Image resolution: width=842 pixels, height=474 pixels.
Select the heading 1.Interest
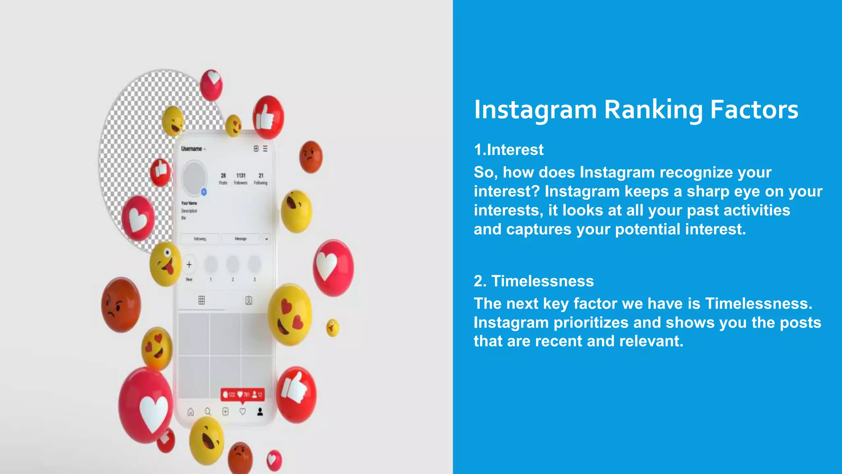pyautogui.click(x=509, y=150)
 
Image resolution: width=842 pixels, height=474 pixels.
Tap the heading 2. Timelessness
pyautogui.click(x=534, y=281)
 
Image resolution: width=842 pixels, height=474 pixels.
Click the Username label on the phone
pyautogui.click(x=192, y=149)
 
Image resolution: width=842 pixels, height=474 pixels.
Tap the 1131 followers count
pyautogui.click(x=241, y=176)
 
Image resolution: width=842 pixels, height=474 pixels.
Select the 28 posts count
pyautogui.click(x=223, y=176)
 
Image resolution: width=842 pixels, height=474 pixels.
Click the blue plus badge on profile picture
pyautogui.click(x=204, y=192)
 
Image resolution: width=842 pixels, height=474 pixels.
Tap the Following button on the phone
pyautogui.click(x=200, y=239)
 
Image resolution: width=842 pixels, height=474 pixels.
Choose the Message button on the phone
pyautogui.click(x=241, y=239)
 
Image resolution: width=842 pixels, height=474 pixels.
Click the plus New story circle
pyautogui.click(x=189, y=265)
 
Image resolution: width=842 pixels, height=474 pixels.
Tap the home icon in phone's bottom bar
pyautogui.click(x=190, y=412)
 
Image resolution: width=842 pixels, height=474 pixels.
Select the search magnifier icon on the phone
pyautogui.click(x=208, y=412)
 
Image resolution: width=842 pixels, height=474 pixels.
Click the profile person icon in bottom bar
pyautogui.click(x=260, y=412)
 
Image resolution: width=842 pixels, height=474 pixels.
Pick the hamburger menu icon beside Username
pyautogui.click(x=265, y=149)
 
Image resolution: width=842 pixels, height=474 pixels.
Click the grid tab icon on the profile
pyautogui.click(x=201, y=300)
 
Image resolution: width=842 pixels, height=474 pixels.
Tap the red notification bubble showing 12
pyautogui.click(x=243, y=395)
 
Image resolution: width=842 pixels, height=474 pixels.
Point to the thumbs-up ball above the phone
pyautogui.click(x=268, y=117)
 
